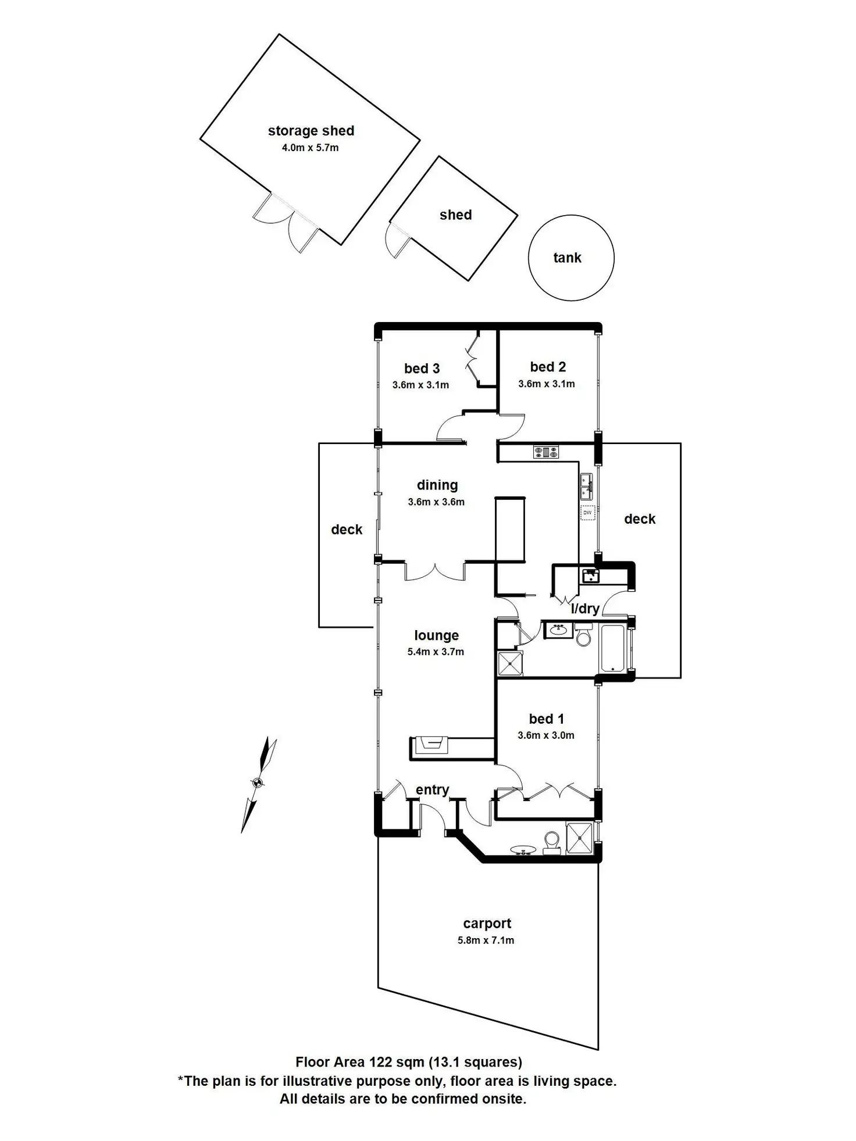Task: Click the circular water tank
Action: pyautogui.click(x=571, y=258)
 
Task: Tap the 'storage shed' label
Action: pyautogui.click(x=311, y=131)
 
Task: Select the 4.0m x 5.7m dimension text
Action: pyautogui.click(x=310, y=148)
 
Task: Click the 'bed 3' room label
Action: pyautogui.click(x=422, y=369)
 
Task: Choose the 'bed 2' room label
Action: pyautogui.click(x=548, y=367)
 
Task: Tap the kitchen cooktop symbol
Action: pyautogui.click(x=546, y=452)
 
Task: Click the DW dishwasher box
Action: pyautogui.click(x=588, y=513)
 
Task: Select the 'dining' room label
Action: pyautogui.click(x=437, y=485)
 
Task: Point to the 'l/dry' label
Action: pyautogui.click(x=584, y=609)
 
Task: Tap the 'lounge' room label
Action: pyautogui.click(x=436, y=635)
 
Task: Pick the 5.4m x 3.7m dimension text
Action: pyautogui.click(x=436, y=652)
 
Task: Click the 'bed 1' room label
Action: pyautogui.click(x=546, y=719)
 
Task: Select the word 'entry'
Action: pyautogui.click(x=432, y=789)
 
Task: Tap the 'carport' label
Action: pyautogui.click(x=487, y=923)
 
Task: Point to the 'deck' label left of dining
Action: pyautogui.click(x=347, y=530)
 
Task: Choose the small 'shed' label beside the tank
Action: pyautogui.click(x=455, y=215)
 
